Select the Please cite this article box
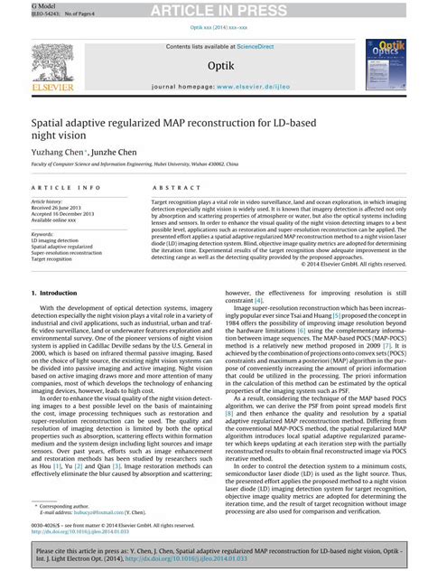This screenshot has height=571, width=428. coord(214,552)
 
